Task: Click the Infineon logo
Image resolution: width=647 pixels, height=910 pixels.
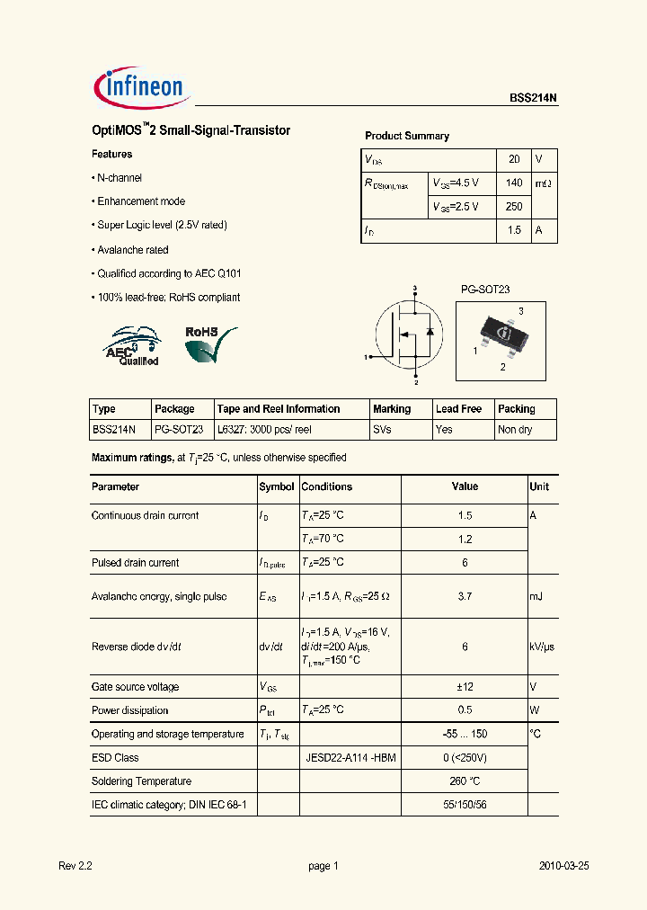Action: (139, 86)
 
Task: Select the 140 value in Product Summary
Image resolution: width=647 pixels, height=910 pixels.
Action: (514, 183)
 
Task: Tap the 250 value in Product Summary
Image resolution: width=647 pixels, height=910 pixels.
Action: (514, 207)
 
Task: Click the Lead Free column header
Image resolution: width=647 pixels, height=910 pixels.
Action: (458, 409)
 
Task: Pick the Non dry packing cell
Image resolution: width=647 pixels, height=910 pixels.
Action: (515, 430)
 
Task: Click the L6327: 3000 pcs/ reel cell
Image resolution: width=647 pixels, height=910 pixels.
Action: (264, 430)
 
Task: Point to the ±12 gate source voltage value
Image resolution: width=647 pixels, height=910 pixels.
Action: (465, 687)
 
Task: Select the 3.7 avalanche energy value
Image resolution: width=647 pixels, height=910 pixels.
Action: (465, 597)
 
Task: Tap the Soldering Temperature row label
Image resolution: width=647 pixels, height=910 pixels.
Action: (141, 781)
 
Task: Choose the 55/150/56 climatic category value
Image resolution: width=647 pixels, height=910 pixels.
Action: (465, 805)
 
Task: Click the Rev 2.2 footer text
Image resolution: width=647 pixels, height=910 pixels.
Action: (75, 866)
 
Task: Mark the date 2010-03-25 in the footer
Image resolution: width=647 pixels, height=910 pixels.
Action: (563, 866)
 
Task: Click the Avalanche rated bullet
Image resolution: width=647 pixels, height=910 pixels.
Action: (132, 250)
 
